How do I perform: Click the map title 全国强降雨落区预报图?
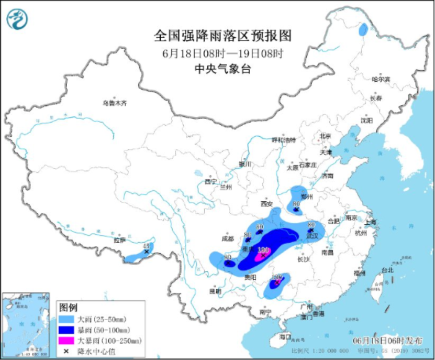222,36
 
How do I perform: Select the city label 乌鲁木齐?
114,103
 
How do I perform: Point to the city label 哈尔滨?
381,79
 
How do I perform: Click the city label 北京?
325,136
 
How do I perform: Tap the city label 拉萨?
120,241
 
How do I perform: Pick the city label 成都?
228,238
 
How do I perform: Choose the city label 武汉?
313,236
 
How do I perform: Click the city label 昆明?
215,291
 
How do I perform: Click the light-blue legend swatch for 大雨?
66,319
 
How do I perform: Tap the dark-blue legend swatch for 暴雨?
66,330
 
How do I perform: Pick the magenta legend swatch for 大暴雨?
66,341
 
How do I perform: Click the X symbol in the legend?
66,351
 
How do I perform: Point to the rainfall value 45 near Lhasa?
147,245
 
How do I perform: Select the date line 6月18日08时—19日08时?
222,53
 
